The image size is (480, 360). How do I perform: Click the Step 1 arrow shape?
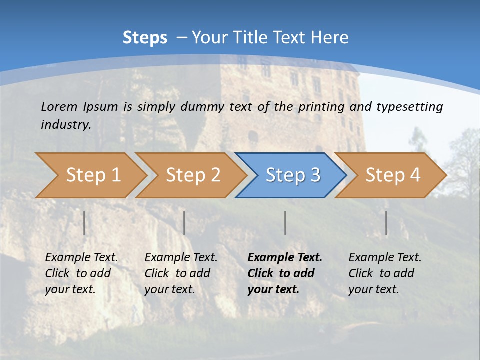click(92, 175)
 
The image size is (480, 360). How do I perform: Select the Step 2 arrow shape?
click(192, 175)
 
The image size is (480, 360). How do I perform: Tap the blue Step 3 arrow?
click(292, 175)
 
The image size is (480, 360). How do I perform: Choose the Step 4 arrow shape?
click(392, 175)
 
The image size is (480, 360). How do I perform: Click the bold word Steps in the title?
click(145, 38)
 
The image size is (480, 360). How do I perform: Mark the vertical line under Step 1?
click(84, 223)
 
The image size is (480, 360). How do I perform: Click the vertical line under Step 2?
click(184, 223)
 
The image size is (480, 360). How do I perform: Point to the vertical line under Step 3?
click(285, 223)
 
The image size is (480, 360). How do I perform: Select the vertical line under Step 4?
click(386, 223)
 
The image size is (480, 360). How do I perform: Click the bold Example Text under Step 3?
click(285, 258)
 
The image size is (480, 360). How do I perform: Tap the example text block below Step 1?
click(81, 273)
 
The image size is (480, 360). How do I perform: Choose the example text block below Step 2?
click(181, 273)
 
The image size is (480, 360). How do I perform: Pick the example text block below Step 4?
click(385, 273)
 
